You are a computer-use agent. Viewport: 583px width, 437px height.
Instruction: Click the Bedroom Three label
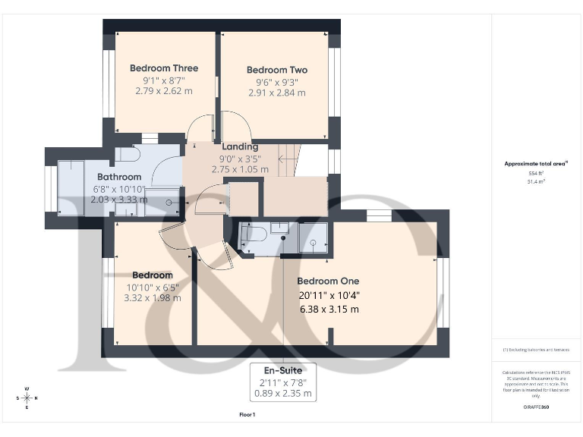click(x=164, y=67)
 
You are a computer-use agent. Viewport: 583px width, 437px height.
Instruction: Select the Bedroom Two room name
click(x=277, y=70)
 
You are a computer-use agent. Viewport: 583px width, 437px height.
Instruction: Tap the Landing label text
click(x=240, y=146)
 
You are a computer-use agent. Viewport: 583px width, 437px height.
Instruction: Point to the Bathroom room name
click(x=119, y=177)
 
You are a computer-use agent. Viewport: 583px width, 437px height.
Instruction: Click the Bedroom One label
click(x=328, y=281)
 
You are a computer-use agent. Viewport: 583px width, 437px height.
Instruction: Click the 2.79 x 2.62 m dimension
click(x=164, y=90)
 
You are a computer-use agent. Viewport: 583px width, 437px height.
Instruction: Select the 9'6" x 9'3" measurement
click(x=277, y=81)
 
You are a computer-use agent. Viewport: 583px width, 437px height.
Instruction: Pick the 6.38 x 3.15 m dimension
click(x=328, y=309)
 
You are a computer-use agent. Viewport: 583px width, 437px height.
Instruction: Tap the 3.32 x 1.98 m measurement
click(x=153, y=298)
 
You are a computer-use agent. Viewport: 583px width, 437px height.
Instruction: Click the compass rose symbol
click(x=27, y=398)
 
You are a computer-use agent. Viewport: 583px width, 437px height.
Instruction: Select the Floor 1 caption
click(x=247, y=415)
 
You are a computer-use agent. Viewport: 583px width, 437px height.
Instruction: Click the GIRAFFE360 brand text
click(x=536, y=408)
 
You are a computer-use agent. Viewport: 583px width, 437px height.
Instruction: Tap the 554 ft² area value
click(x=537, y=174)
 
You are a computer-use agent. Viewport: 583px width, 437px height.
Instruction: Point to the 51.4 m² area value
click(x=537, y=182)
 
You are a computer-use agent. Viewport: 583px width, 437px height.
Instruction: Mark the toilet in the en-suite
click(x=253, y=235)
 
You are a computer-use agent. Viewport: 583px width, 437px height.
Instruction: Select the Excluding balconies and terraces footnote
click(x=536, y=350)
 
